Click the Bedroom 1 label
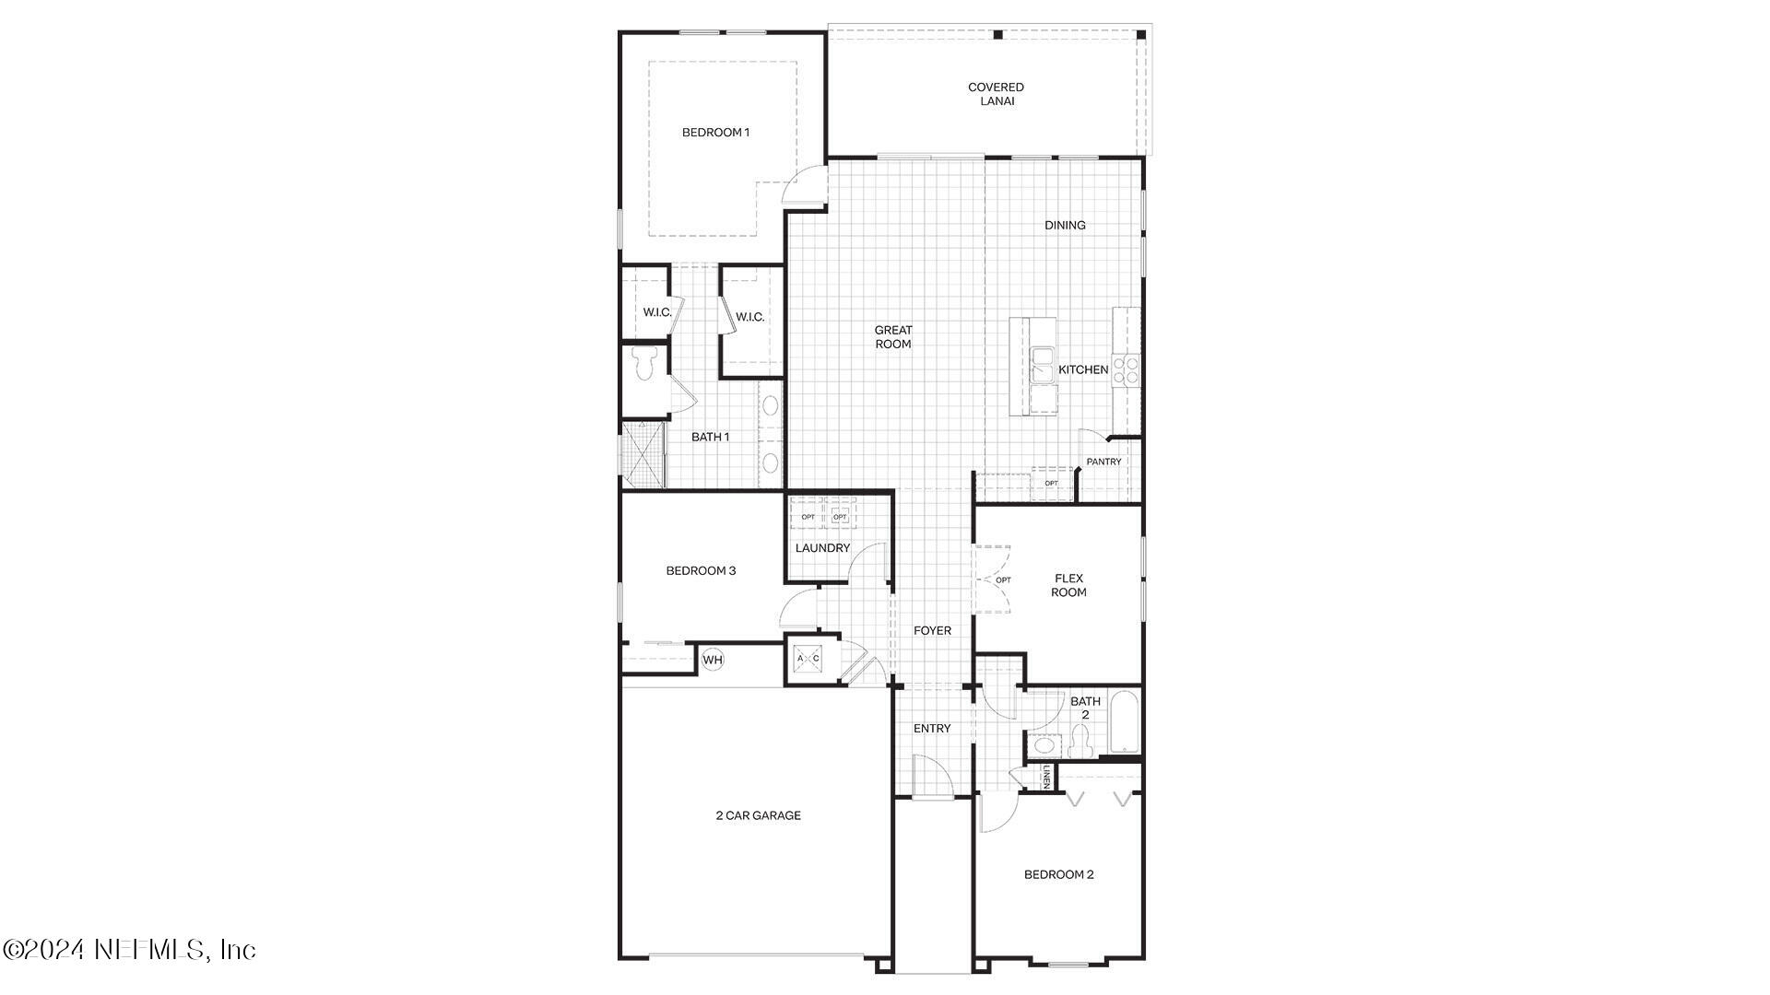point(715,133)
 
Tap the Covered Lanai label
point(996,94)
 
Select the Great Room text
point(892,337)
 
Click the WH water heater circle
point(713,660)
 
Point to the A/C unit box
point(808,659)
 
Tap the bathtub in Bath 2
point(1125,723)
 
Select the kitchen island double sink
point(1044,366)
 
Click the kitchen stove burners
point(1126,370)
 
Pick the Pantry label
point(1103,462)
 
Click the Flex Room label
point(1068,585)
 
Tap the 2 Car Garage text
point(758,815)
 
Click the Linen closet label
point(1046,778)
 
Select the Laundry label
point(822,548)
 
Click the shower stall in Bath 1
point(643,454)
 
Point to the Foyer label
point(932,631)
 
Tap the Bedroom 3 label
point(701,571)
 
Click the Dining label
point(1065,226)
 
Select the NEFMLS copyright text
point(129,949)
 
